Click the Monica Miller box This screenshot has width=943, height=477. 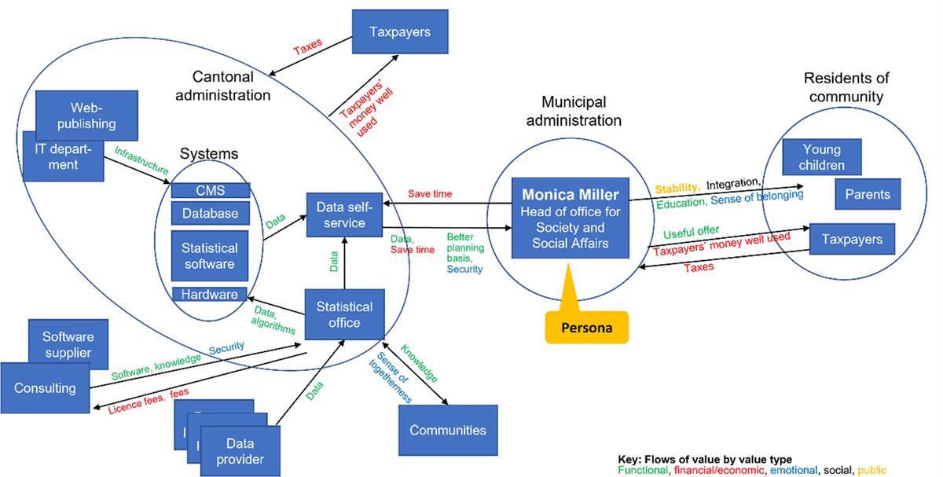click(569, 218)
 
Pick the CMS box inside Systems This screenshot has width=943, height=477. click(211, 190)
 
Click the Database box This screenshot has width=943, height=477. click(211, 213)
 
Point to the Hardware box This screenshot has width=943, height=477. click(210, 295)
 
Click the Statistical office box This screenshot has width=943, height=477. click(343, 314)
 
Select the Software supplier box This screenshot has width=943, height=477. click(67, 343)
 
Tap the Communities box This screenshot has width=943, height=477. click(447, 430)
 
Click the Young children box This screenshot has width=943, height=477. click(822, 157)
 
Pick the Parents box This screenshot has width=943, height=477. click(867, 194)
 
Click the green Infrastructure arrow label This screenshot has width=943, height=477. click(141, 159)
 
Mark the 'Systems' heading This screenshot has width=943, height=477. click(209, 154)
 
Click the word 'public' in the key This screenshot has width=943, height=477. click(871, 470)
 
